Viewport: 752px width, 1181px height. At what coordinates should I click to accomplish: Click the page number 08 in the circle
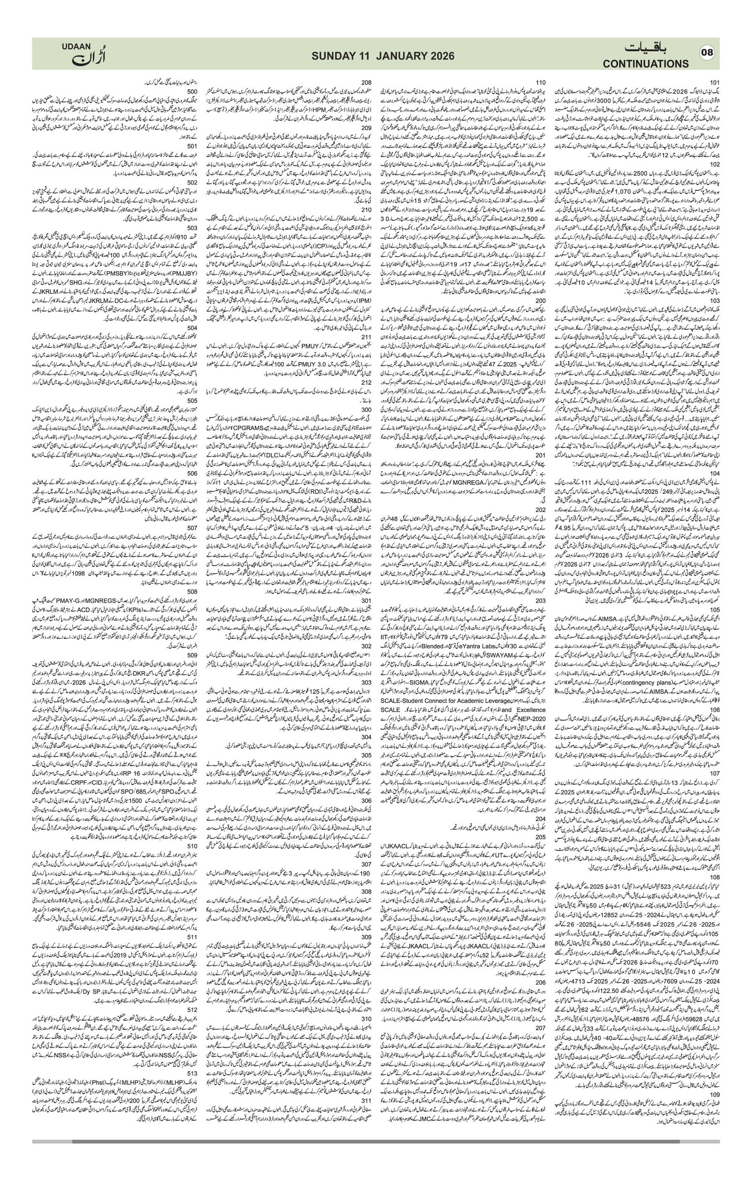coord(708,53)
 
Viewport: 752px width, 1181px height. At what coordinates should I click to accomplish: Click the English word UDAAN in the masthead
coord(76,46)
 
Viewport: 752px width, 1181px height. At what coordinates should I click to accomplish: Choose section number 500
coord(192,91)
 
